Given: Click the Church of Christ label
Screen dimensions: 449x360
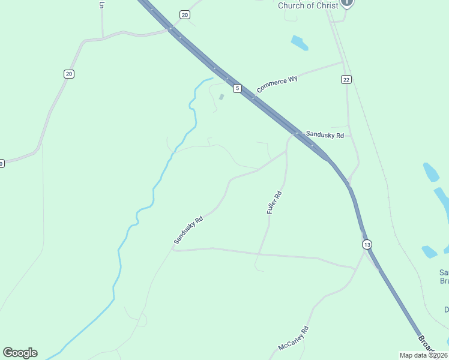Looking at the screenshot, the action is (x=308, y=5).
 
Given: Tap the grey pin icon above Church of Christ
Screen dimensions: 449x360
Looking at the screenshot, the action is (x=347, y=3).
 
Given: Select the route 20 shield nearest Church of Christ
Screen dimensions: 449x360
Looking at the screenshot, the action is (x=185, y=14).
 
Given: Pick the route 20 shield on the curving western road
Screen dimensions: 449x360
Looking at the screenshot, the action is (x=69, y=74).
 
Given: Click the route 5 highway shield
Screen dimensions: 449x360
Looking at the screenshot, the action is (x=238, y=89).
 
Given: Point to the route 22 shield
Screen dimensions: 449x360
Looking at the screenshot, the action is (x=346, y=79).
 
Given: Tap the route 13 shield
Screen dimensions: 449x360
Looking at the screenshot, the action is (x=367, y=244).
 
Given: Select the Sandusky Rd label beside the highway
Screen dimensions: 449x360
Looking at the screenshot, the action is (x=324, y=135).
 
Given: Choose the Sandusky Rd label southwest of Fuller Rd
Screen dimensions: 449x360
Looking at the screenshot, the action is (x=188, y=230).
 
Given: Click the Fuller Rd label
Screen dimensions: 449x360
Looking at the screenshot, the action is (x=274, y=203).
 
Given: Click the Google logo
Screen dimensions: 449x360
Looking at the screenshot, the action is (x=20, y=353).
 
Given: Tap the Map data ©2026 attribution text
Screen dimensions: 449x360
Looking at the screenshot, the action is (x=423, y=355).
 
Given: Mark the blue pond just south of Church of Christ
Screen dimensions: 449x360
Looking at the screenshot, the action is (x=300, y=43).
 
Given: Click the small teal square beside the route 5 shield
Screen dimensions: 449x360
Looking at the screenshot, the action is (x=221, y=97).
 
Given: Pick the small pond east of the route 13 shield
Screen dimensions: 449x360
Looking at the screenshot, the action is (x=429, y=251).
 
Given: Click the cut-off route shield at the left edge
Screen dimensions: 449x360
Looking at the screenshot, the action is (x=2, y=163).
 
